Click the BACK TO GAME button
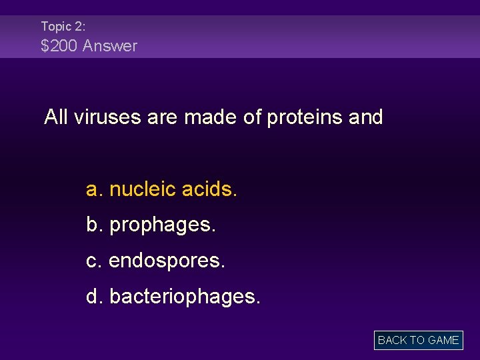(418, 340)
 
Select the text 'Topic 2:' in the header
(63, 27)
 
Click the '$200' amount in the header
(58, 46)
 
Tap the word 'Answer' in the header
(109, 46)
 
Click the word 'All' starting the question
(56, 117)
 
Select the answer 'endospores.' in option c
(167, 261)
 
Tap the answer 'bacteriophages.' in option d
(185, 297)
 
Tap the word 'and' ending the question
(365, 117)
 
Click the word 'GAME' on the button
(443, 340)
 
